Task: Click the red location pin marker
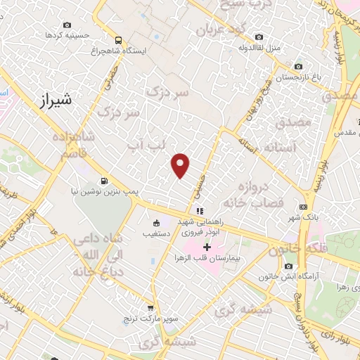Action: (181, 165)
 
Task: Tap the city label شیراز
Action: (52, 100)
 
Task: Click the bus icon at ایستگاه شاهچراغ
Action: (118, 40)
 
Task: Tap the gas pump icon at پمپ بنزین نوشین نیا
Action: (104, 180)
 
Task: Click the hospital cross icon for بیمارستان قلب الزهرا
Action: (207, 247)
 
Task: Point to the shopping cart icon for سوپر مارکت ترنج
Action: (150, 307)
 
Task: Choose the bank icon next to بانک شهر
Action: (303, 207)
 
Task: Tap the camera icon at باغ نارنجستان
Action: (299, 66)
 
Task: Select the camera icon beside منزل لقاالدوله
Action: (259, 37)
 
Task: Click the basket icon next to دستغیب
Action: (156, 224)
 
